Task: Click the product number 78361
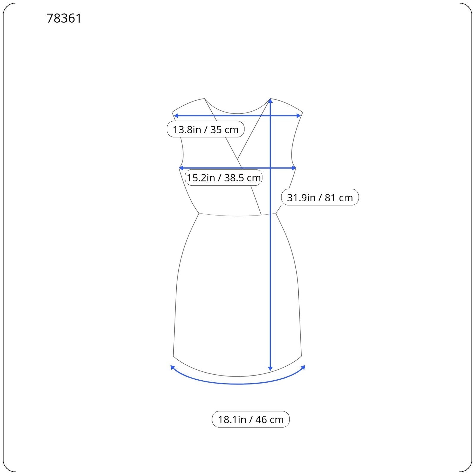(x=64, y=18)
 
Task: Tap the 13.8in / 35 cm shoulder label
(x=205, y=129)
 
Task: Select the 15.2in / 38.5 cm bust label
(x=224, y=178)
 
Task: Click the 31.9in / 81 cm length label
(x=320, y=197)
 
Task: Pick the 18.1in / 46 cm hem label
(x=251, y=419)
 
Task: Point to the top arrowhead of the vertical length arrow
(x=270, y=101)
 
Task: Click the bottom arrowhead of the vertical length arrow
(x=270, y=368)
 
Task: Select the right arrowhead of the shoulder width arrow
(x=299, y=115)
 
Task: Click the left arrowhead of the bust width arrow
(x=181, y=168)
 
